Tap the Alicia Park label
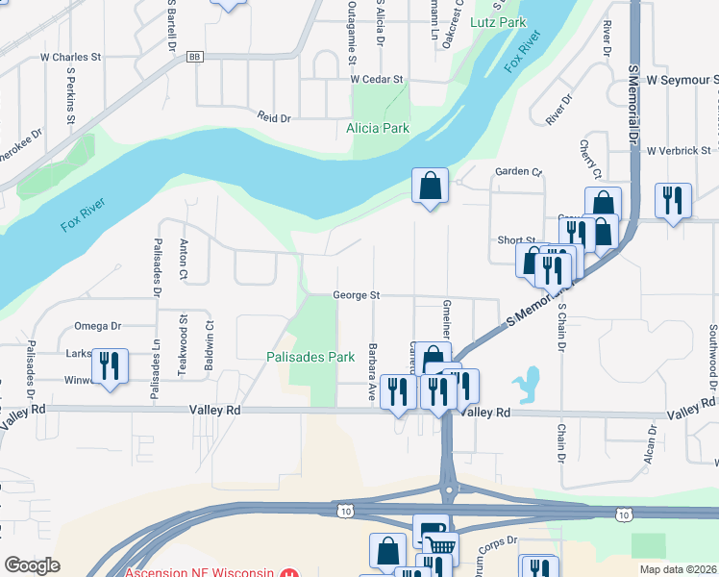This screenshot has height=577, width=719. tap(378, 128)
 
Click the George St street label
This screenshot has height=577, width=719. tap(357, 295)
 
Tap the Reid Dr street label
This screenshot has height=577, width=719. tap(273, 117)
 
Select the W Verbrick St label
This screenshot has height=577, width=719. tap(679, 151)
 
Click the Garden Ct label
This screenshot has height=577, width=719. tap(518, 172)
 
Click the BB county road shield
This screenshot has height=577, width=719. tap(195, 58)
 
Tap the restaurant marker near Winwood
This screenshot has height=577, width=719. tap(110, 366)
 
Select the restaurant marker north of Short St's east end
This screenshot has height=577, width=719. tap(670, 200)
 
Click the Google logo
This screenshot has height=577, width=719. tap(32, 565)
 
